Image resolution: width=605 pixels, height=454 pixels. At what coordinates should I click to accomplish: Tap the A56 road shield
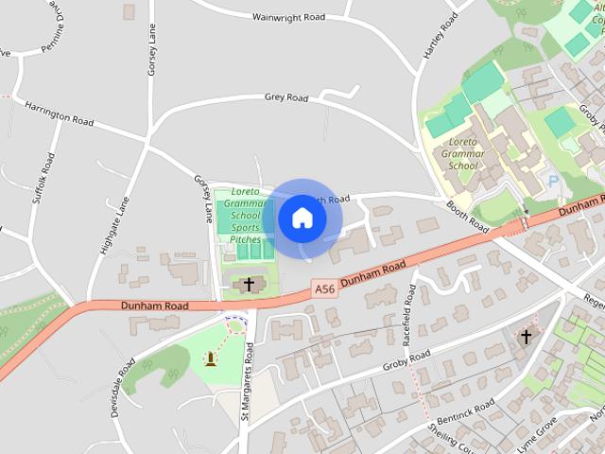click(324, 288)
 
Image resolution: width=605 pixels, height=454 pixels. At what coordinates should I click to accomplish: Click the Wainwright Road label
click(288, 17)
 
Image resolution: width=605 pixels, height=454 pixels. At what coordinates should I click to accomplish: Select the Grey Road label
click(286, 96)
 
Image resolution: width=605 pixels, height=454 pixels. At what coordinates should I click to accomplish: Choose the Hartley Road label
click(440, 39)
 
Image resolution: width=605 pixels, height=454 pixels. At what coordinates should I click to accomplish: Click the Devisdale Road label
click(128, 379)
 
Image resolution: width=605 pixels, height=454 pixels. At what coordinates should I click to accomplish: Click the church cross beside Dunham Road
click(250, 284)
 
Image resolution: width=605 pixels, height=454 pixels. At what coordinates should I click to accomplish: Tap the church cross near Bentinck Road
click(526, 336)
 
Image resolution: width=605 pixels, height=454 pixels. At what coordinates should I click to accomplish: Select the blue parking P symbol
click(553, 180)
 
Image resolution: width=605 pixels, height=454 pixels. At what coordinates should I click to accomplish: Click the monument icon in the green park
click(209, 358)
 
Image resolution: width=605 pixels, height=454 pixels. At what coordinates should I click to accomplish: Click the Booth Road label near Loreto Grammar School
click(467, 215)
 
